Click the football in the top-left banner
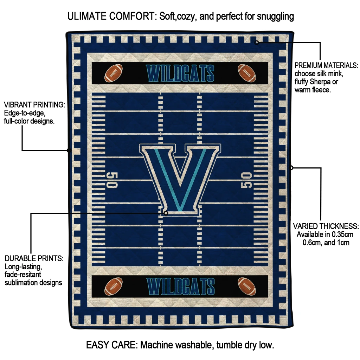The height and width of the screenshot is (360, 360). tap(114, 73)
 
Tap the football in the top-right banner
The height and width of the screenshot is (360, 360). tap(247, 73)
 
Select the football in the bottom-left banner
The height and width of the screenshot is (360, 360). tap(114, 286)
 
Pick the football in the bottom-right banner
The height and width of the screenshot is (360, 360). tap(247, 286)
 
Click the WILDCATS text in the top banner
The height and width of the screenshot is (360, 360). tap(180, 73)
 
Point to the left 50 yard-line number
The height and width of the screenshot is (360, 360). tap(112, 180)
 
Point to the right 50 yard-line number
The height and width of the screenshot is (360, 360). tap(246, 180)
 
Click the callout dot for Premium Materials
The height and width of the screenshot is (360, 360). tap(257, 43)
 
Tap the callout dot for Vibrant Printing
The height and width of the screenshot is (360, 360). tap(69, 150)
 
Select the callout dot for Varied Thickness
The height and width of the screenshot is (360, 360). tap(291, 168)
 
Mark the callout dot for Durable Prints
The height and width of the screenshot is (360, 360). tap(166, 213)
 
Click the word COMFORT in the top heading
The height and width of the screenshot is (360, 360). tap(132, 16)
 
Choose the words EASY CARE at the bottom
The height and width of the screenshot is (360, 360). tap(111, 345)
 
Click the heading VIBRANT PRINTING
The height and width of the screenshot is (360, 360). tap(34, 105)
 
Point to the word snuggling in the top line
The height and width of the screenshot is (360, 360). tap(275, 17)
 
